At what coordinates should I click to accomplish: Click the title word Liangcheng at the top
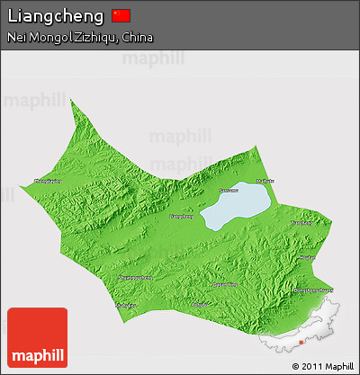pos(55,15)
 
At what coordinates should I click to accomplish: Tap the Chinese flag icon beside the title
pos(121,15)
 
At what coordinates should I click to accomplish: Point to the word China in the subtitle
pos(136,38)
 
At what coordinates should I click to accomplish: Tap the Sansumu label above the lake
pos(229,190)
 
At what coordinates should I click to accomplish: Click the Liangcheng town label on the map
pos(182,216)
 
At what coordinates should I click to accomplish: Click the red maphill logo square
pos(37,337)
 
